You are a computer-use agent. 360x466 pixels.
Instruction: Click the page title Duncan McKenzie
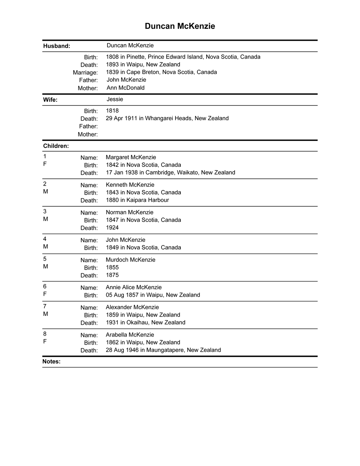180,26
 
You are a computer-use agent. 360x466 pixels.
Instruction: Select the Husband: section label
57,46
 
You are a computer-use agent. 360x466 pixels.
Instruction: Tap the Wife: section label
50,100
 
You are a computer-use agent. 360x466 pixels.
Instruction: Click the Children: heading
56,146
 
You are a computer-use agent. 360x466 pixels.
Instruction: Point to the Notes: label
51,362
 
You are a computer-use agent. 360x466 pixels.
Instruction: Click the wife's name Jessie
115,99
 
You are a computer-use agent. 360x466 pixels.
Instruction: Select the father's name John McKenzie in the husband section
126,80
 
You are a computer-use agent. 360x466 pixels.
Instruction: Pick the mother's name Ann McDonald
125,88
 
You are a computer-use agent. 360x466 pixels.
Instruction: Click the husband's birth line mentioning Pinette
183,57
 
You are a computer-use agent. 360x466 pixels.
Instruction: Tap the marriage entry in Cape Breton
161,72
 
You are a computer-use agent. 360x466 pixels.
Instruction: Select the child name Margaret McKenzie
131,157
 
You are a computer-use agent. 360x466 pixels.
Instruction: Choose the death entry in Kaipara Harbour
137,200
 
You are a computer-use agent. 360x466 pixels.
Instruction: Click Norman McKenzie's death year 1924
112,228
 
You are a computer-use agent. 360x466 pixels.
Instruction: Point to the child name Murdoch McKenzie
130,260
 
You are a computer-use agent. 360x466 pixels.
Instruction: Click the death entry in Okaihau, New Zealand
145,323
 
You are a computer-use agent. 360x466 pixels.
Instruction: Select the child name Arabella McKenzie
130,335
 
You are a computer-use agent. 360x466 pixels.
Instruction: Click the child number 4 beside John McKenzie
45,239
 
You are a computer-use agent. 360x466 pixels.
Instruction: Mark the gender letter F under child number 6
45,294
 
